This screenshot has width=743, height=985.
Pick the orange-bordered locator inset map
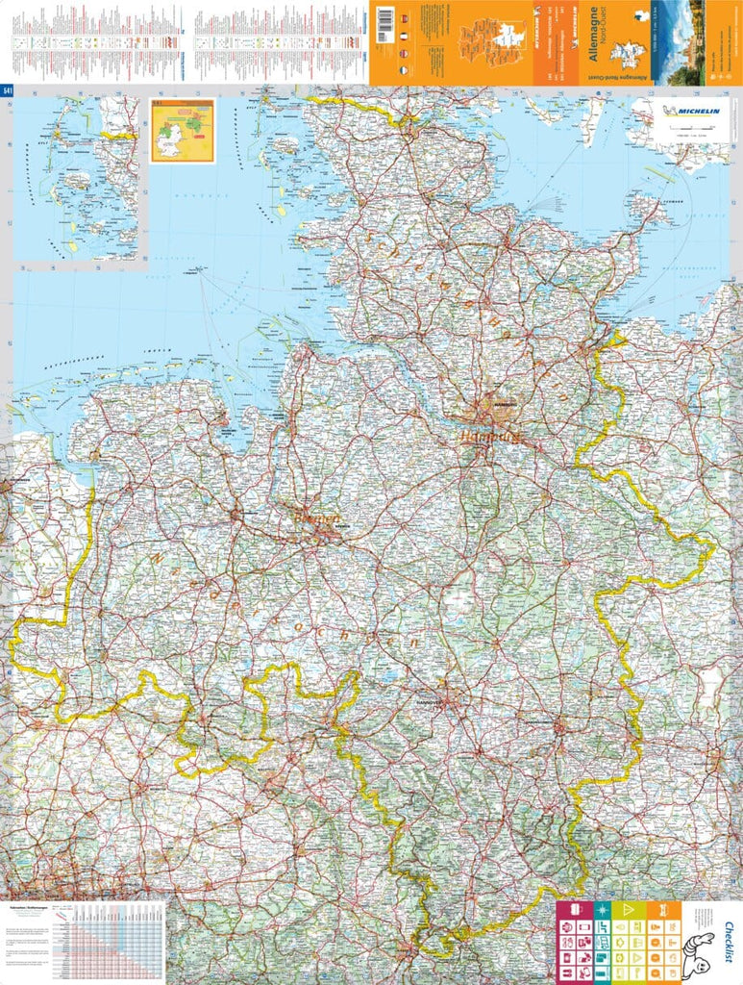pos(182,130)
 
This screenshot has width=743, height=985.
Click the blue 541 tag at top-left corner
pos(7,90)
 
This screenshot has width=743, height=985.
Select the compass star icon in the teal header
pos(602,909)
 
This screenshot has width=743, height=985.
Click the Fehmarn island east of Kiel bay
pos(645,206)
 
